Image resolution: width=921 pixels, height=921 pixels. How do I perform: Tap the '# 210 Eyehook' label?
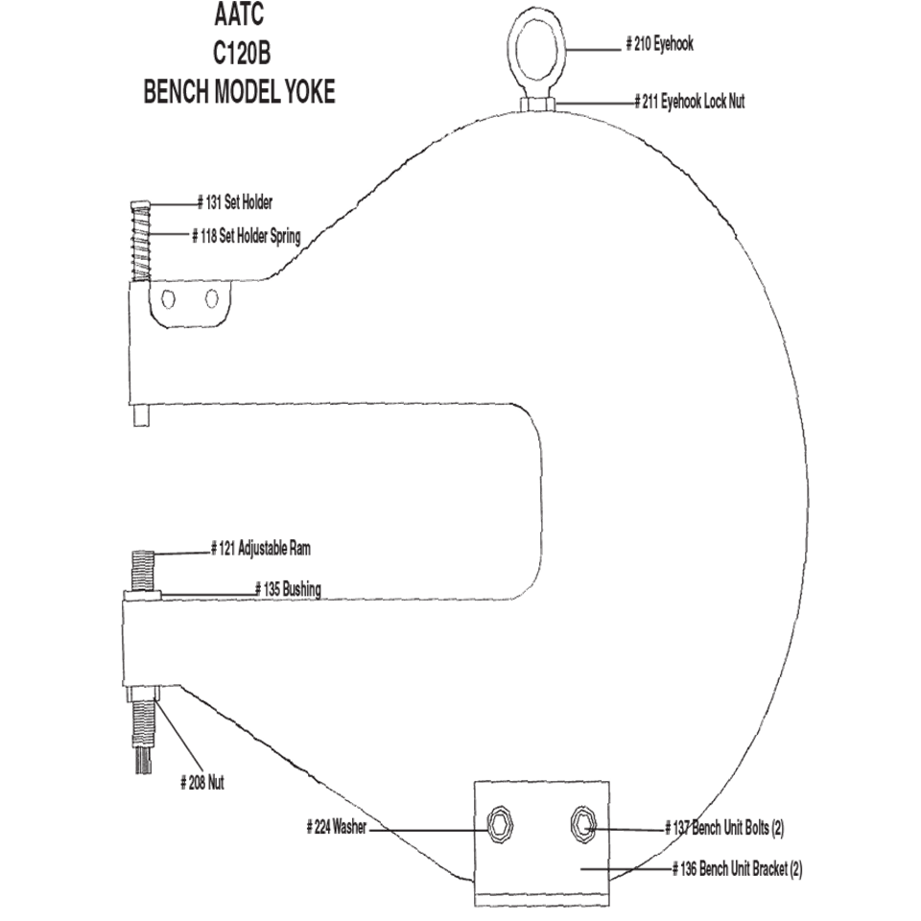pyautogui.click(x=660, y=44)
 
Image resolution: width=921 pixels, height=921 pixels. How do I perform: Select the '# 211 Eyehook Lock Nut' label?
pyautogui.click(x=690, y=102)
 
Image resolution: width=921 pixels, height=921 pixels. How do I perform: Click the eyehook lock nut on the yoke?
pyautogui.click(x=537, y=104)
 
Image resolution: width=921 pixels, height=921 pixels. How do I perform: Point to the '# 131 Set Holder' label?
pyautogui.click(x=235, y=202)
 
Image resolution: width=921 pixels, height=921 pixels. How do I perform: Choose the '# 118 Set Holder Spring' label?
pyautogui.click(x=247, y=236)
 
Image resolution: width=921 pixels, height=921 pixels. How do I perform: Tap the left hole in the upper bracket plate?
pyautogui.click(x=169, y=299)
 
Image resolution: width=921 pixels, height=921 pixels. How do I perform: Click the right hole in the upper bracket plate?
pyautogui.click(x=212, y=299)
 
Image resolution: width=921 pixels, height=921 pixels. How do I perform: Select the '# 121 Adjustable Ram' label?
pyautogui.click(x=261, y=549)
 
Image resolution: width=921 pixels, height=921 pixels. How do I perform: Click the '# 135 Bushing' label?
pyautogui.click(x=288, y=589)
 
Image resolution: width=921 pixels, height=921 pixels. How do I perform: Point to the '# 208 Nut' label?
pyautogui.click(x=202, y=783)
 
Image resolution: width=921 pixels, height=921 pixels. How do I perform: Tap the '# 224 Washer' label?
pyautogui.click(x=337, y=827)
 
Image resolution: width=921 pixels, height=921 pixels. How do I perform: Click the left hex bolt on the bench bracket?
pyautogui.click(x=501, y=825)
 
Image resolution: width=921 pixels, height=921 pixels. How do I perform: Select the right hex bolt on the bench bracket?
pyautogui.click(x=583, y=825)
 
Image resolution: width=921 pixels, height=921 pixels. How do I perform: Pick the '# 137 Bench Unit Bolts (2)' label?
pyautogui.click(x=724, y=828)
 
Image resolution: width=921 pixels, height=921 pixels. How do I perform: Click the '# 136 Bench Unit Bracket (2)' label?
pyautogui.click(x=737, y=869)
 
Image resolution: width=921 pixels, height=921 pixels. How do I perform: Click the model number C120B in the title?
pyautogui.click(x=242, y=54)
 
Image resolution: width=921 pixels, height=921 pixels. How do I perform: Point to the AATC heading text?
pyautogui.click(x=239, y=14)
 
